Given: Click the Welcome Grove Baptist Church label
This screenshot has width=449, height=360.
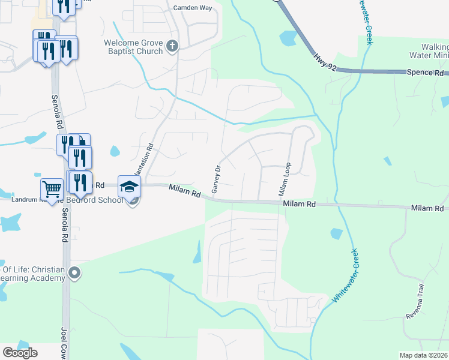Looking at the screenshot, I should (133, 47).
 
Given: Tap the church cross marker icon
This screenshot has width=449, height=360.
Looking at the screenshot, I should (172, 46).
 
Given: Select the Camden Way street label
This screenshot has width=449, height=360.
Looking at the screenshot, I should (193, 8).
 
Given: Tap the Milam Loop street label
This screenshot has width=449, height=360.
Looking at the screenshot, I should (284, 180).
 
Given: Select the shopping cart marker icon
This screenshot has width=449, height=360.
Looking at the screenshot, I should (52, 190).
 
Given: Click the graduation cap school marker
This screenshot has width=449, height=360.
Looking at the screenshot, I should (129, 187).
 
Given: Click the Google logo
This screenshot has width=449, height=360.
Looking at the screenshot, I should (20, 353).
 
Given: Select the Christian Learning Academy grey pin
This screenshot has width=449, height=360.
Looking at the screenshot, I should (74, 274).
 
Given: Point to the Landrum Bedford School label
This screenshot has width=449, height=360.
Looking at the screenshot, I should (66, 199).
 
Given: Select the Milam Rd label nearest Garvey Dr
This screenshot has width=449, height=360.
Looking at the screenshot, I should (184, 191).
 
